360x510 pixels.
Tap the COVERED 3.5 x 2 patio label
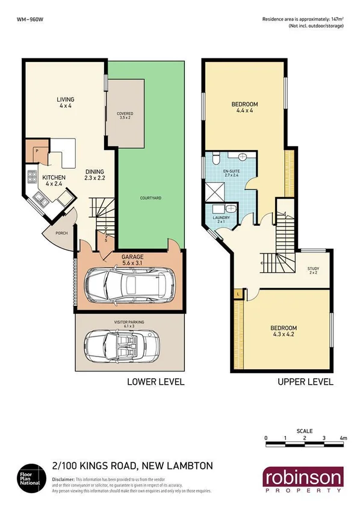click(125, 116)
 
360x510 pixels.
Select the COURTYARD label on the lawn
click(149, 197)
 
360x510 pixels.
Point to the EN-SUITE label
click(231, 175)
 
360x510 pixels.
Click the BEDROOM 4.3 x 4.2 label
click(284, 331)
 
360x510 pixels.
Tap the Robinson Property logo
click(302, 480)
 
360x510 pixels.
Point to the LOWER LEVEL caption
click(155, 382)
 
